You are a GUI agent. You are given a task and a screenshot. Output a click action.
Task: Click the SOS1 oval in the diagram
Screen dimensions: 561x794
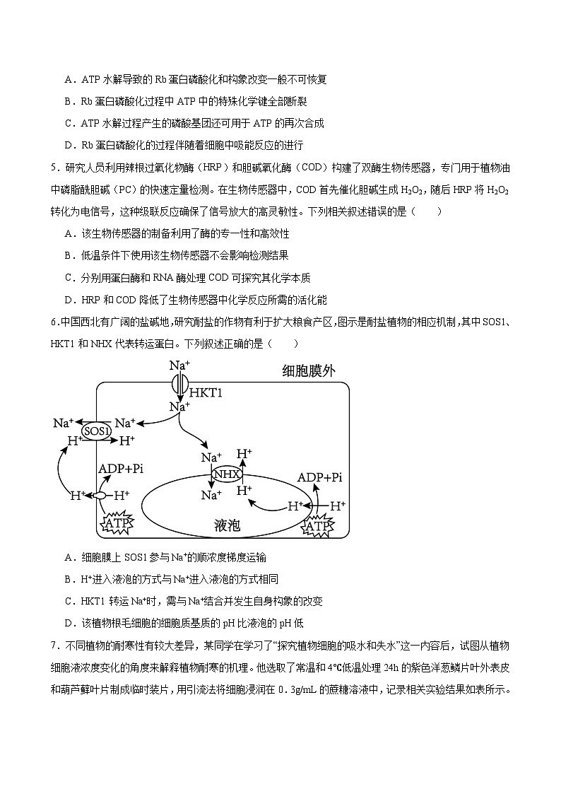[x=97, y=431]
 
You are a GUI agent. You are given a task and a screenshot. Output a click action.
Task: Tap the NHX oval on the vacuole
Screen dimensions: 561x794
[x=226, y=474]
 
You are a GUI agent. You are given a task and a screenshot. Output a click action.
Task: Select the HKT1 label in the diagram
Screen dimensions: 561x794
[x=206, y=392]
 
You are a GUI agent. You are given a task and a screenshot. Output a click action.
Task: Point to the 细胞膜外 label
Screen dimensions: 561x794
[x=308, y=372]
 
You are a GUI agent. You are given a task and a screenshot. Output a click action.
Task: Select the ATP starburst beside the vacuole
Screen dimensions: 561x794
[x=317, y=526]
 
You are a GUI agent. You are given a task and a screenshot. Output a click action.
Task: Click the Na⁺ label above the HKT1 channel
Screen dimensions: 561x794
[x=179, y=366]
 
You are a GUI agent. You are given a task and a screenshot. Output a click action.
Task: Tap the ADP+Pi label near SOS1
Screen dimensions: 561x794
[x=121, y=469]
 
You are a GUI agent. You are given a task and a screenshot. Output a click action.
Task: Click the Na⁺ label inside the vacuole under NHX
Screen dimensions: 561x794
[x=211, y=495]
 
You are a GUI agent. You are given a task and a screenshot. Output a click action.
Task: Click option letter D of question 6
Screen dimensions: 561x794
[x=69, y=623]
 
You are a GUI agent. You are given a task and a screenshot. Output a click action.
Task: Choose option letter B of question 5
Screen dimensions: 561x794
[x=69, y=255]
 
